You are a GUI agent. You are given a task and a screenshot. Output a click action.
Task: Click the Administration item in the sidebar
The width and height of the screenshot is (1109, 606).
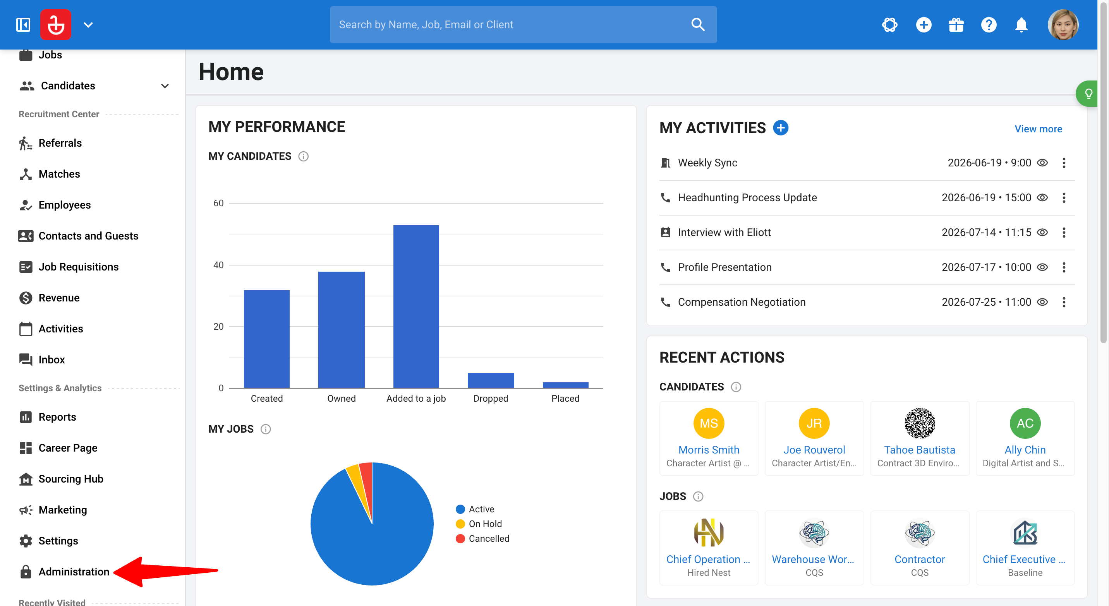click(x=74, y=572)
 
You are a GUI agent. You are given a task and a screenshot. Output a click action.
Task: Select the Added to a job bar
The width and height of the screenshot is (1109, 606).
click(x=416, y=306)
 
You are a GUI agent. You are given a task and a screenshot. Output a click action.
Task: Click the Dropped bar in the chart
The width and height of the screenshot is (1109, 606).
click(x=491, y=380)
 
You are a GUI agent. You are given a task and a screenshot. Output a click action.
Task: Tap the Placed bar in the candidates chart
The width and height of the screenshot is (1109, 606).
click(x=565, y=385)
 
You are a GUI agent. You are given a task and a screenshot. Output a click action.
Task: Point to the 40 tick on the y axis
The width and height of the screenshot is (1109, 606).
click(x=219, y=265)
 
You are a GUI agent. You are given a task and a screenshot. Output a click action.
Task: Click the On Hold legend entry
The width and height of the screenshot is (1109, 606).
click(x=479, y=524)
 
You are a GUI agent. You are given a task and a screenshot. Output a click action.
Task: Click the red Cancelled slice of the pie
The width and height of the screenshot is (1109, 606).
click(x=367, y=486)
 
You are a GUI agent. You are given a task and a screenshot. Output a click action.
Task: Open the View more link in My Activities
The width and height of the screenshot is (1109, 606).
click(x=1038, y=128)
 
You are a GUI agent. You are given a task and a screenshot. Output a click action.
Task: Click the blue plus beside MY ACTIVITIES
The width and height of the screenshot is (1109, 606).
click(x=781, y=128)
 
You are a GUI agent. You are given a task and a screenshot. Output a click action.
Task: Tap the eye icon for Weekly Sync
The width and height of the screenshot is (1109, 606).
click(x=1042, y=163)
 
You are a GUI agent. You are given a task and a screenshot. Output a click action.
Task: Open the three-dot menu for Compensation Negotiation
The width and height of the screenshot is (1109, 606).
click(x=1064, y=302)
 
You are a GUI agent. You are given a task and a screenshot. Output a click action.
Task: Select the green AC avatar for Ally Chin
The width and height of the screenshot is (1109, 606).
click(x=1025, y=423)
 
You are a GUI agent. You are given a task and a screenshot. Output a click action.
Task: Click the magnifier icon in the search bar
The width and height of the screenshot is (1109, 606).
click(x=698, y=24)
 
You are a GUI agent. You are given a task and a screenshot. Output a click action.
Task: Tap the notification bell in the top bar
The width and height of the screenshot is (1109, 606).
click(x=1021, y=24)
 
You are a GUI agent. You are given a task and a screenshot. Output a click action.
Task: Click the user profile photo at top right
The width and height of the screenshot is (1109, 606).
click(x=1063, y=24)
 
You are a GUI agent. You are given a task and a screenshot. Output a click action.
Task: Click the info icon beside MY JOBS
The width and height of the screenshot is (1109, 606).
click(x=266, y=429)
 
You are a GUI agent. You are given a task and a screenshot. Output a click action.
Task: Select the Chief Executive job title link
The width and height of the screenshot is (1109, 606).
click(x=1024, y=559)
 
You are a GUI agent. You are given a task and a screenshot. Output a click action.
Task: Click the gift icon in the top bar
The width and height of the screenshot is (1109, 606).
click(x=956, y=24)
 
